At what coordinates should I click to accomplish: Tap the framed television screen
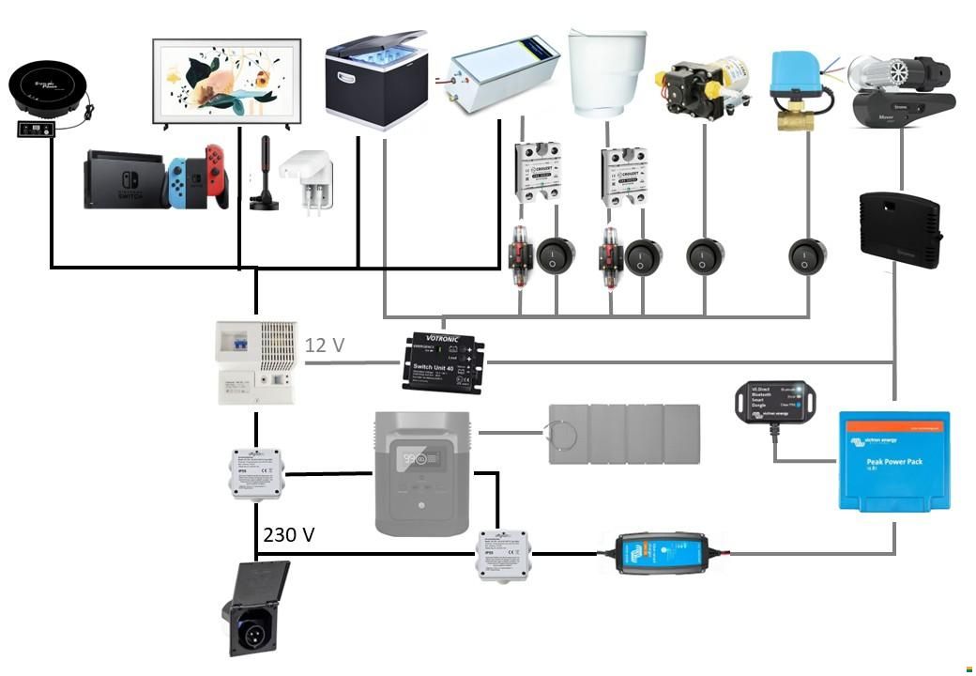(226, 82)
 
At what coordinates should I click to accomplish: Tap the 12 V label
(325, 346)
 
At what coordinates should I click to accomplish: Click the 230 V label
(289, 535)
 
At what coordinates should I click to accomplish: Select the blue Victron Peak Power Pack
(893, 461)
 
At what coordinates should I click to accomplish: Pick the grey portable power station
(421, 472)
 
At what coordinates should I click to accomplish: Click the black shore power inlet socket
(256, 608)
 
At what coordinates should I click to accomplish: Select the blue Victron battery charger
(660, 552)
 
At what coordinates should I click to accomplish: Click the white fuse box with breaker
(256, 362)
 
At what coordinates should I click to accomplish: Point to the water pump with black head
(703, 86)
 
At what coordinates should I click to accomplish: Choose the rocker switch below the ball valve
(807, 256)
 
